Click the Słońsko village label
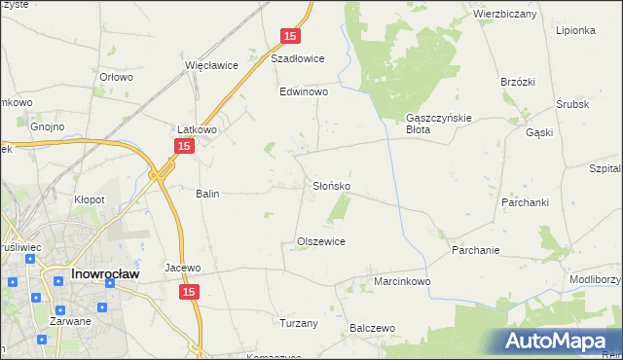pos(332,185)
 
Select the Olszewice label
pos(321,241)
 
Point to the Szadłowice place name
pos(297,58)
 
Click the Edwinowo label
pos(304,92)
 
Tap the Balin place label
pos(207,194)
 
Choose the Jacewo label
pos(182,268)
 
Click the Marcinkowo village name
pos(402,281)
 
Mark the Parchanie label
pos(476,250)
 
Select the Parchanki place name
pos(528,202)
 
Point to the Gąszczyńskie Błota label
pos(438,123)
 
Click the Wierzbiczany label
pos(505,15)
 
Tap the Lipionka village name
pos(575,30)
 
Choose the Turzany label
pos(299,323)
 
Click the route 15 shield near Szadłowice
pos(290,36)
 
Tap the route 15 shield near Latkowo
pos(184,145)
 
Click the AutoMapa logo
pos(559,342)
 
